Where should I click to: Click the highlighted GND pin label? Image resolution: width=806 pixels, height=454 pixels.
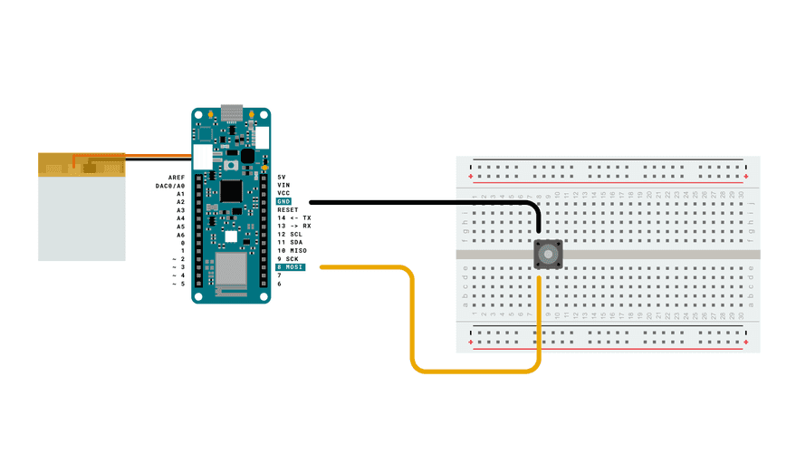tap(284, 201)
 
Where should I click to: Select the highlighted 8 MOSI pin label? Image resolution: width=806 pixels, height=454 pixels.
tap(291, 267)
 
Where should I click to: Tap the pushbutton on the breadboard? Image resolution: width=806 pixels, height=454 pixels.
tap(547, 255)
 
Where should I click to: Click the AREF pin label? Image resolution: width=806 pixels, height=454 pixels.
tap(177, 178)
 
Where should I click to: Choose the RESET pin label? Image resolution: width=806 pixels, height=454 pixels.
tap(287, 209)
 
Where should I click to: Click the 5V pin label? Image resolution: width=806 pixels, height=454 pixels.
tap(282, 177)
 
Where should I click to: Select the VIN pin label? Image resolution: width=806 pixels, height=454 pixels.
tap(283, 185)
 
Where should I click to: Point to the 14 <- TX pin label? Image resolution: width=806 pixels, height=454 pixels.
tap(294, 218)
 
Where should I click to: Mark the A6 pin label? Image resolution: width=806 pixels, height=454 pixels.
tap(180, 235)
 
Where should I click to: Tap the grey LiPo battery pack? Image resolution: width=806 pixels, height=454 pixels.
tap(82, 217)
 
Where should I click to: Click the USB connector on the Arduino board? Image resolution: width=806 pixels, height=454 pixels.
tap(232, 116)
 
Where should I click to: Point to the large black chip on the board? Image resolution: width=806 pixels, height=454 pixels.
tap(232, 191)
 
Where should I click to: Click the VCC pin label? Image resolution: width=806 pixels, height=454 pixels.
tap(283, 193)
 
